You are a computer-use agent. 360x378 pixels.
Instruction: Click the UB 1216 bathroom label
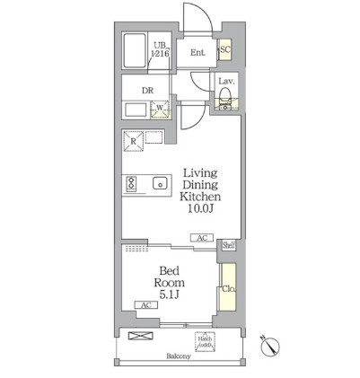coord(161,49)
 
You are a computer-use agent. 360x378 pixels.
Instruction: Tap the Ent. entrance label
coord(198,52)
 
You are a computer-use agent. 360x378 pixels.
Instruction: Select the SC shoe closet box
coord(225,50)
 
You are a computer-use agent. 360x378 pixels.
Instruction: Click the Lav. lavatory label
coord(226,82)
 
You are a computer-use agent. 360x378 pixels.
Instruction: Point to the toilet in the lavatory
coord(226,97)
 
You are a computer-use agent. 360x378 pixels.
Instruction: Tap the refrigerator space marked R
coord(133,141)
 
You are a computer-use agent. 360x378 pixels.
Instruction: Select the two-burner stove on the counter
coord(131,183)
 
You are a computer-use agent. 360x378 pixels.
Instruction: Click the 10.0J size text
coord(200,208)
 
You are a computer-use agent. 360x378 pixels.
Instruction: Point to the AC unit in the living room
coord(201,238)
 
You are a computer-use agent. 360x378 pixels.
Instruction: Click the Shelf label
coord(229,244)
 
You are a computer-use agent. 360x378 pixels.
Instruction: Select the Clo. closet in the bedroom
coord(229,288)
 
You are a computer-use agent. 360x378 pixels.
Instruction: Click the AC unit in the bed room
coord(144,305)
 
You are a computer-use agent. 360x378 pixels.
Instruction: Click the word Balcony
coord(179,356)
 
